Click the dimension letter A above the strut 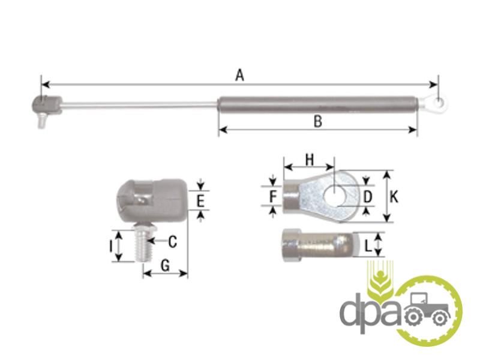pos(239,75)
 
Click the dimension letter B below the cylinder pos(318,122)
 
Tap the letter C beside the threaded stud pos(173,242)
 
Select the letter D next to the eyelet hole pos(367,197)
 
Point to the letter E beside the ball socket pos(200,202)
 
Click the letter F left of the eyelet pos(273,196)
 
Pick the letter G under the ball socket pos(166,265)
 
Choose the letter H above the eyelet pos(310,160)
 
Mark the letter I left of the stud pos(111,246)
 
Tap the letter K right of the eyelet pos(395,197)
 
